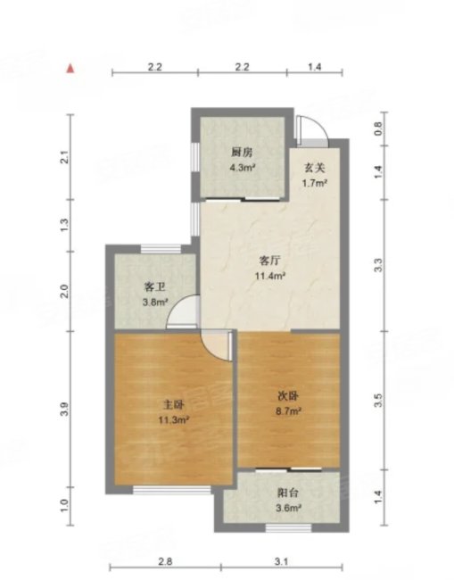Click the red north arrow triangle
point(70,69)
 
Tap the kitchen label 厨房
point(242,152)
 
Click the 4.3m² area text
point(243,168)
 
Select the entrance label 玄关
point(314,168)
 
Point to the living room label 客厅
point(269,261)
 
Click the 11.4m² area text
point(270,276)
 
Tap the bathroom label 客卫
point(154,287)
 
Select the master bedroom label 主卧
point(174,405)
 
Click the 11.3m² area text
point(174,420)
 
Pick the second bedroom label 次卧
point(288,396)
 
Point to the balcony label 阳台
point(288,493)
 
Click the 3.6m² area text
point(288,509)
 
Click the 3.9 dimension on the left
point(64,410)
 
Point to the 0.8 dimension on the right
point(378,128)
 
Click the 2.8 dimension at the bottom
point(165,562)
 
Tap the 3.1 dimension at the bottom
point(281,562)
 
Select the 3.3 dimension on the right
point(378,265)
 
